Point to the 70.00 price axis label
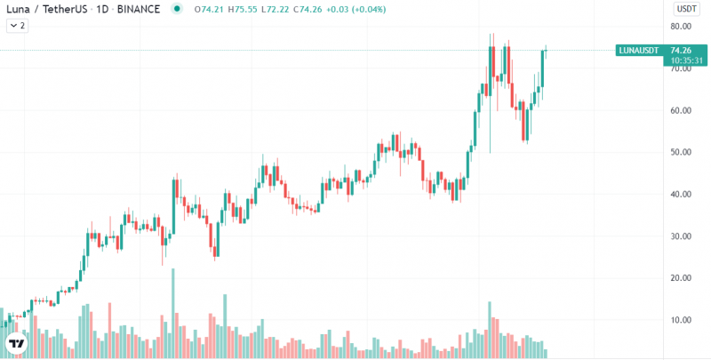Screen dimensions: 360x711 (681, 68)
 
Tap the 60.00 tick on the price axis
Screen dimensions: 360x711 (681, 110)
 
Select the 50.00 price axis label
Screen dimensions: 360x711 (681, 152)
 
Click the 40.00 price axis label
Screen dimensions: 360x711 (681, 194)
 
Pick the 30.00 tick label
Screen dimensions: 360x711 (681, 236)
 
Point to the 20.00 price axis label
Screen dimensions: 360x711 (681, 277)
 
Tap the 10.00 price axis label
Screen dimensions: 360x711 (681, 319)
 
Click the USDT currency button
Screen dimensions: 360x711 (686, 8)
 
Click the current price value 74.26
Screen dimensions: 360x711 (682, 51)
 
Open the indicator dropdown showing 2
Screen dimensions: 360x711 (17, 26)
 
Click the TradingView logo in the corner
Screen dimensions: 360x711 (15, 343)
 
